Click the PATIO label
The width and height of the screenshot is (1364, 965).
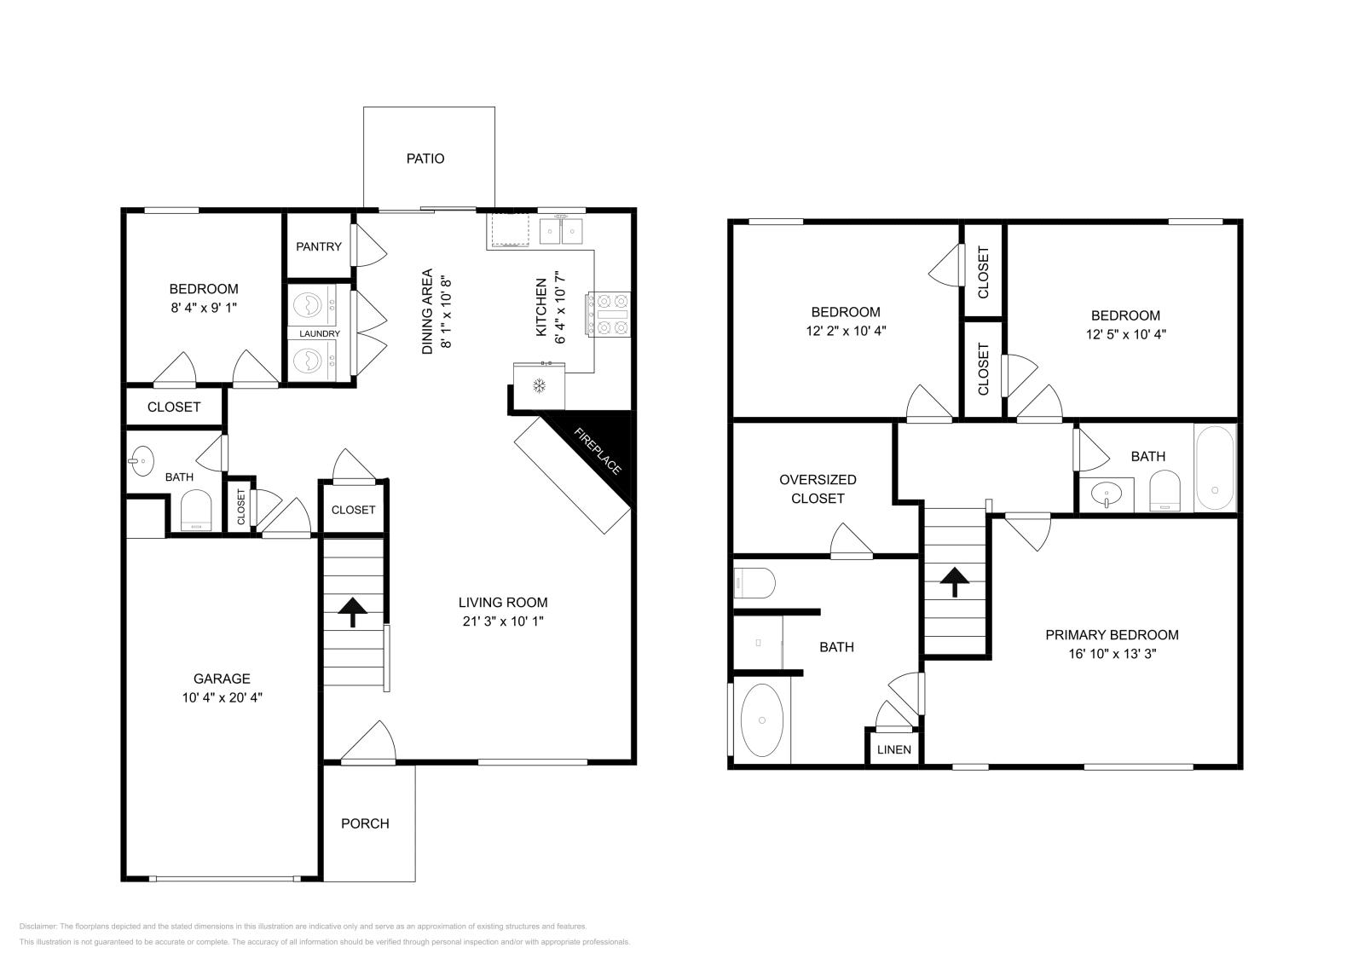tap(425, 159)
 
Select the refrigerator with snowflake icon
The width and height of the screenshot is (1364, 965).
tap(539, 386)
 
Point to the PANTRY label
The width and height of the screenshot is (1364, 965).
tap(319, 246)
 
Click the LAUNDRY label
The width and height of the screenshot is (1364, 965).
tap(320, 333)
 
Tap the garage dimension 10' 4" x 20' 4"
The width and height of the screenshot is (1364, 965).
tap(222, 697)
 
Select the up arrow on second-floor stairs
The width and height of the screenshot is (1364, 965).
tap(954, 582)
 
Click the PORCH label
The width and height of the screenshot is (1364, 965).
tap(365, 823)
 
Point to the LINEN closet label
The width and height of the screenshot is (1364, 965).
tap(894, 750)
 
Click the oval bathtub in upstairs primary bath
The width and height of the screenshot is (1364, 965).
tap(761, 720)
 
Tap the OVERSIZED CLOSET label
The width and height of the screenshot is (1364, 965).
tap(818, 488)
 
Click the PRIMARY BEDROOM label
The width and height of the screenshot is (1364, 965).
tap(1112, 634)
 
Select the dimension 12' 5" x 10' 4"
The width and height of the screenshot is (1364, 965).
tap(1125, 334)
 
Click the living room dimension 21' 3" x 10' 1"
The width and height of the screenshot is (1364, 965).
tap(503, 621)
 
